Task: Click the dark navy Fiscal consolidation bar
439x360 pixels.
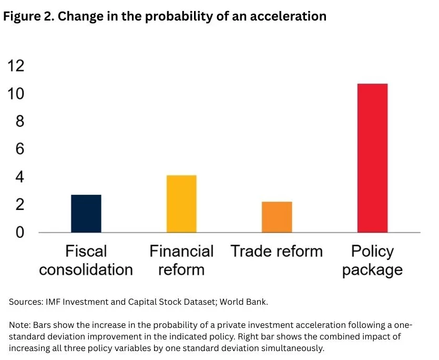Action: pos(86,213)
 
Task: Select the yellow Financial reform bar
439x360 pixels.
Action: pos(181,204)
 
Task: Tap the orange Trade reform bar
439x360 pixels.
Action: pos(277,217)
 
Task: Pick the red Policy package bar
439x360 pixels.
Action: pos(372,158)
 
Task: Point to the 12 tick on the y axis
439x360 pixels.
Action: pos(16,66)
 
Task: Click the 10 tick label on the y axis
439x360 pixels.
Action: pos(16,94)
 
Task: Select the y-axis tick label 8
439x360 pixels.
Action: pos(19,122)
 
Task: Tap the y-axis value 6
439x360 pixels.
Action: pos(19,149)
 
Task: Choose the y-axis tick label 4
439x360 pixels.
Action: pos(19,177)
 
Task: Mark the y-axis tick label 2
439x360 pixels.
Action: pos(19,204)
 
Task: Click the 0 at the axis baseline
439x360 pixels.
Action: pos(19,232)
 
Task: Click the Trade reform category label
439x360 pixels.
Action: pos(277,251)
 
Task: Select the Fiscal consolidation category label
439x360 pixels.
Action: pos(86,261)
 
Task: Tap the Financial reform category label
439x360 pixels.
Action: pos(181,261)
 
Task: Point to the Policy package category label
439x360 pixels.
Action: pos(372,261)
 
